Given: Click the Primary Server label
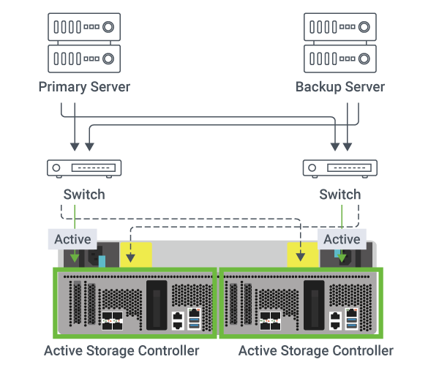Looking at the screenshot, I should (84, 87).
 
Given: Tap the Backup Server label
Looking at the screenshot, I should (340, 87).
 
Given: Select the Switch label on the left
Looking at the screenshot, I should (84, 195).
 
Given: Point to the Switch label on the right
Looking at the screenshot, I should (340, 195).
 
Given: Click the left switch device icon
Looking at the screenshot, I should (84, 167).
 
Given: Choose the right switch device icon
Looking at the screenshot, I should (340, 167).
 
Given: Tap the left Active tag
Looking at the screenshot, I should (72, 239).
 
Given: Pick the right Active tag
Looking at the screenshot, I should (342, 239).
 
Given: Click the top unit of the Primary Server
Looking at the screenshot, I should (84, 28).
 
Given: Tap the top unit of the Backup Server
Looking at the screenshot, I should (340, 28).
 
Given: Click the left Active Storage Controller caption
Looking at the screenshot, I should (121, 351).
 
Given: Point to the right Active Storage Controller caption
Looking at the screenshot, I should (316, 351).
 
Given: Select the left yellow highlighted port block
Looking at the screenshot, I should (135, 255).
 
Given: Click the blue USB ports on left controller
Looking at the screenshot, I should (193, 319).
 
